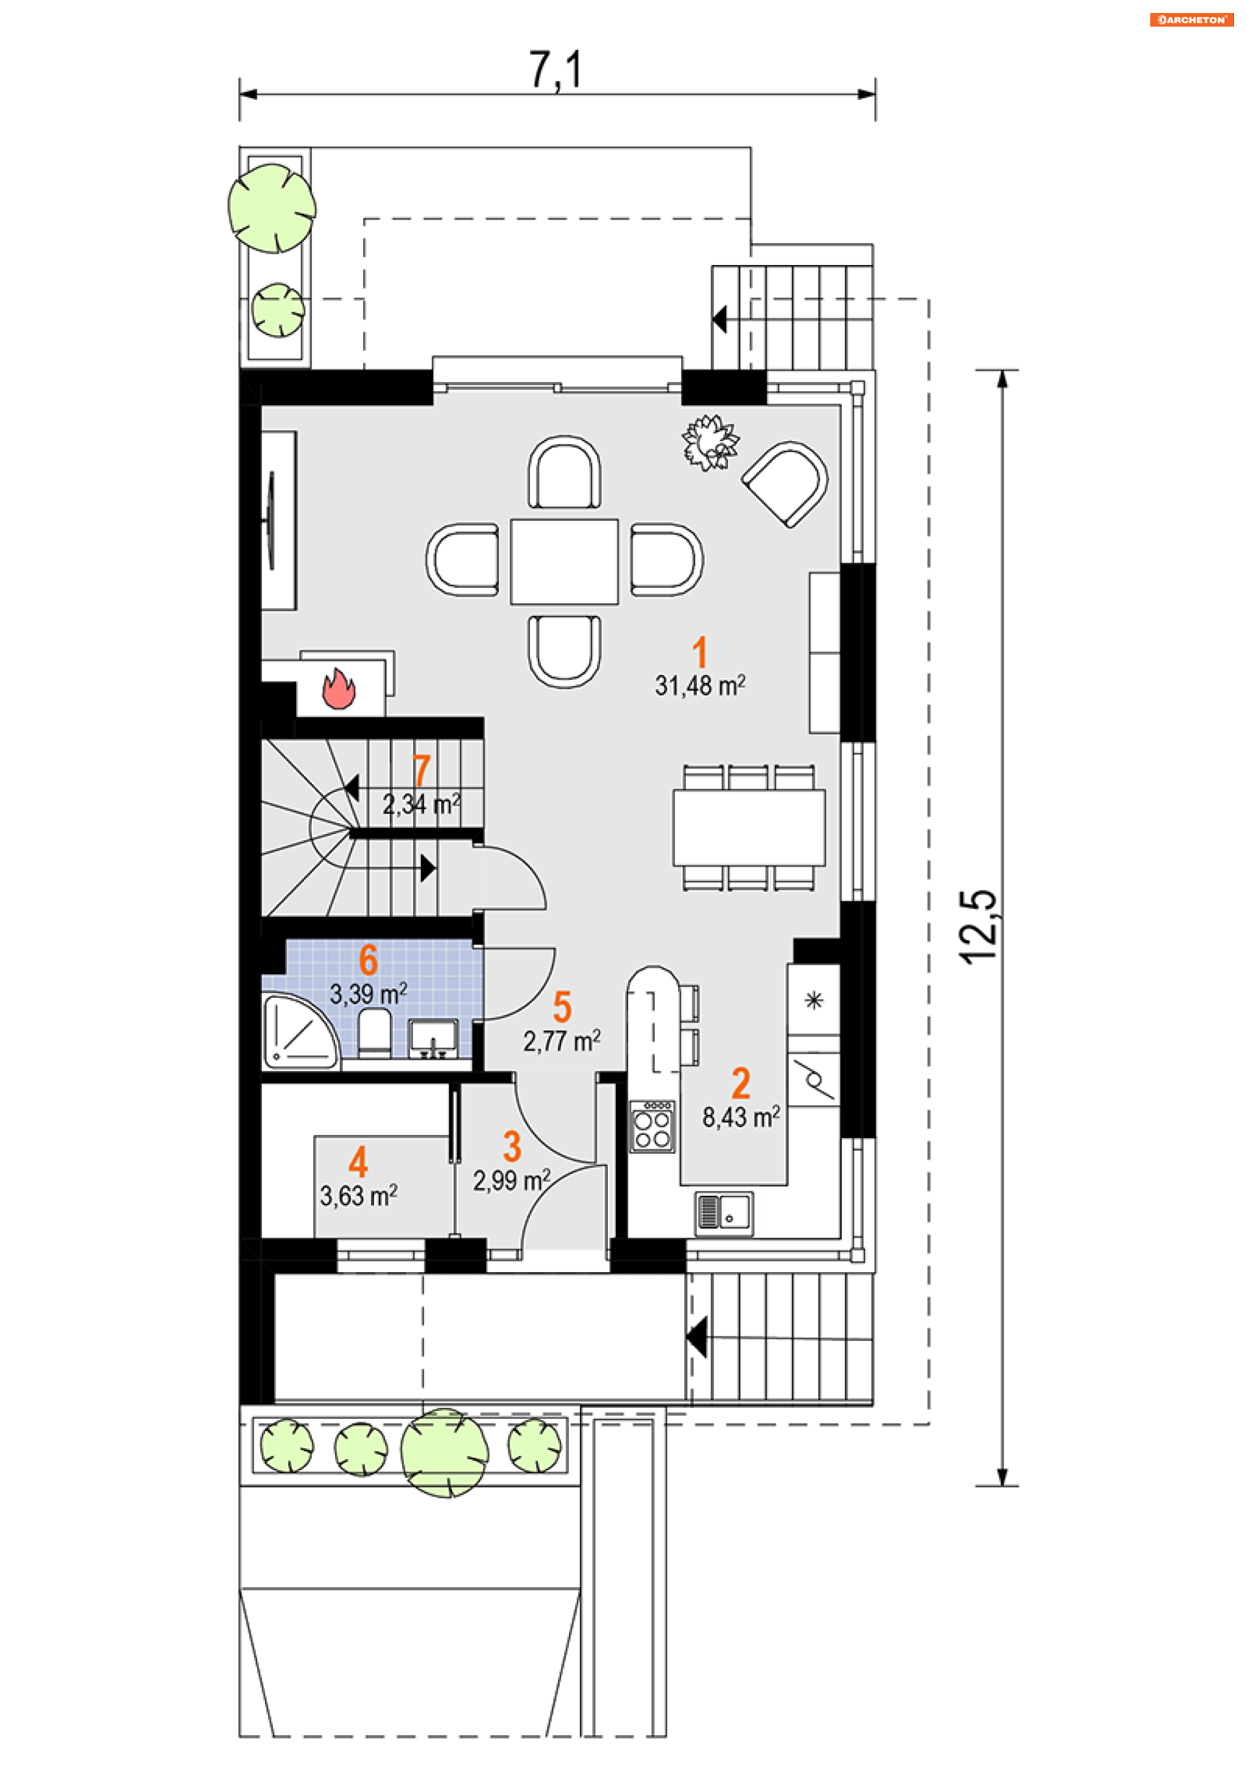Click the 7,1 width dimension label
555,70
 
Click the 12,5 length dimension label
977,928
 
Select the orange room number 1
700,652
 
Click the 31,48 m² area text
700,686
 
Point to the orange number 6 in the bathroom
369,960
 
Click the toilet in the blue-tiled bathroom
375,1033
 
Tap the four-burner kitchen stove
652,1126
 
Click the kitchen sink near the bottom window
724,1213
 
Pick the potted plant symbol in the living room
709,442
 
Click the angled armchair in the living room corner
785,483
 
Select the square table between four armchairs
564,561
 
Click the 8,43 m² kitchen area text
741,1117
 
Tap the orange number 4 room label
358,1162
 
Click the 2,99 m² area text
512,1180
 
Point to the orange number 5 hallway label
562,1007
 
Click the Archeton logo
1191,19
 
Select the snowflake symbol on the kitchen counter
814,1000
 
